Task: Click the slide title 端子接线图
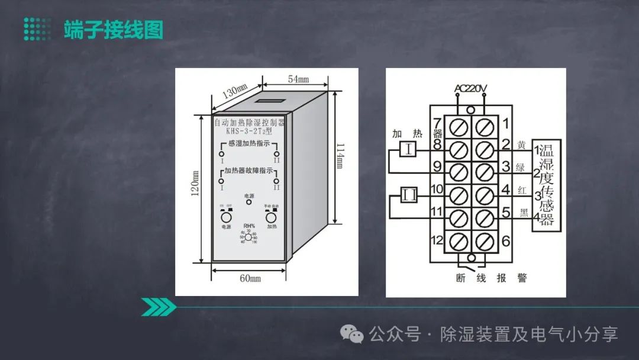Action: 113,30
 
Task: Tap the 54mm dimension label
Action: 298,79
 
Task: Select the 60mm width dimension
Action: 250,278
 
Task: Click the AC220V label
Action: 470,89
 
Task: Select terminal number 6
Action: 506,241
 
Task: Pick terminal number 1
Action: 506,123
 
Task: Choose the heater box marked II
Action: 410,195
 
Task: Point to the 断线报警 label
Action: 483,278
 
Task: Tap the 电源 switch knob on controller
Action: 225,217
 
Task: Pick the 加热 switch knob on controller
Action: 272,217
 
